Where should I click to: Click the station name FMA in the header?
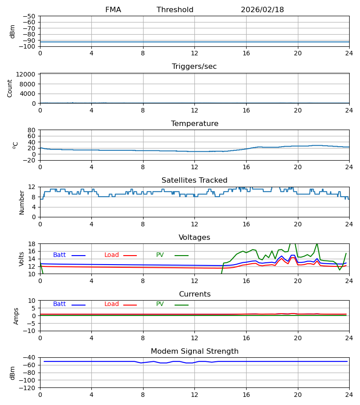point(113,10)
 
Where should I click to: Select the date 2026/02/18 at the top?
point(262,10)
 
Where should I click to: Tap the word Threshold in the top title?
point(175,10)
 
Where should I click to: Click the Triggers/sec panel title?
point(194,67)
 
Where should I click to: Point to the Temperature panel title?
point(194,124)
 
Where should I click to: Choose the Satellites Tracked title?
point(194,180)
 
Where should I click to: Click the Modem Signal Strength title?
point(194,351)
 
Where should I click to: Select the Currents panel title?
point(194,294)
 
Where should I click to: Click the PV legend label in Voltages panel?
point(160,255)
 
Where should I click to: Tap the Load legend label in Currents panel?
point(112,304)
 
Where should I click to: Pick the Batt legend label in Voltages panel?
point(59,255)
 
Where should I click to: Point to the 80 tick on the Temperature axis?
point(31,130)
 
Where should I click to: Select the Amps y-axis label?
point(16,316)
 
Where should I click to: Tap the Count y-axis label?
point(10,88)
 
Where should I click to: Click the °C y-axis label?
point(15,145)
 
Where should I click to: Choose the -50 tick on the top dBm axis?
point(30,16)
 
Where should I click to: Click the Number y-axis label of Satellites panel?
point(22,202)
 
